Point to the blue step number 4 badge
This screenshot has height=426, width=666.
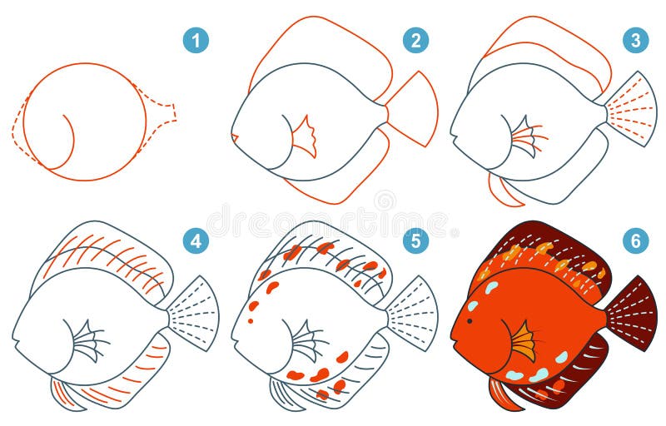[196, 242]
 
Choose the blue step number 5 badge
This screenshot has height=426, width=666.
[415, 242]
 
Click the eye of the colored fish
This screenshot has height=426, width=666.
[472, 306]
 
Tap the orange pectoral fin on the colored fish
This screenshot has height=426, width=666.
[524, 339]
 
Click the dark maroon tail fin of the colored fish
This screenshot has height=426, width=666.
[633, 312]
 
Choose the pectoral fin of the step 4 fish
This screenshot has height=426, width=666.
[88, 341]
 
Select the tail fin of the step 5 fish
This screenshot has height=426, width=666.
[415, 312]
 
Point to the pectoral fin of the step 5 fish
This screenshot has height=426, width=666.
[307, 341]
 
